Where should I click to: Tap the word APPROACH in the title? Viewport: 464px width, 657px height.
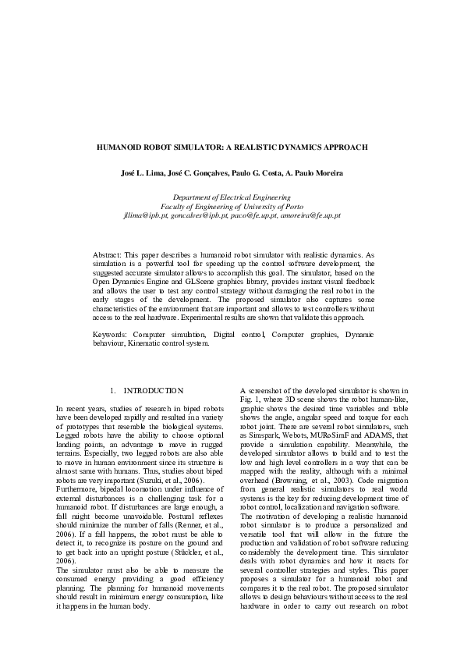(344, 146)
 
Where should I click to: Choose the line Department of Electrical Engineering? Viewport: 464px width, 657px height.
(232, 198)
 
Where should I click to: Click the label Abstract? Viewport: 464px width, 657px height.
(108, 255)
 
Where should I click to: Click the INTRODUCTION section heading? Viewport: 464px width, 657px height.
(154, 390)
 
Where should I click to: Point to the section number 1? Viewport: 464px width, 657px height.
(113, 390)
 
